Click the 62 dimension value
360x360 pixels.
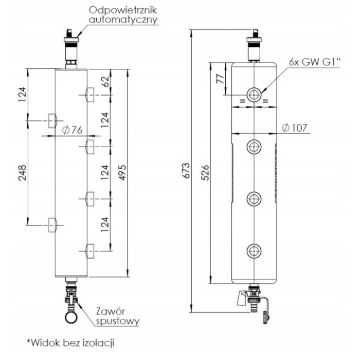[106, 82]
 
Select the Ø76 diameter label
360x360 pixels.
[71, 130]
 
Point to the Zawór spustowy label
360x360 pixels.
[117, 317]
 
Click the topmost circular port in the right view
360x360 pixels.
[254, 95]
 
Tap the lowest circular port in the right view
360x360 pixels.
[254, 251]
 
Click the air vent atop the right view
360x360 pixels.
[254, 48]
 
